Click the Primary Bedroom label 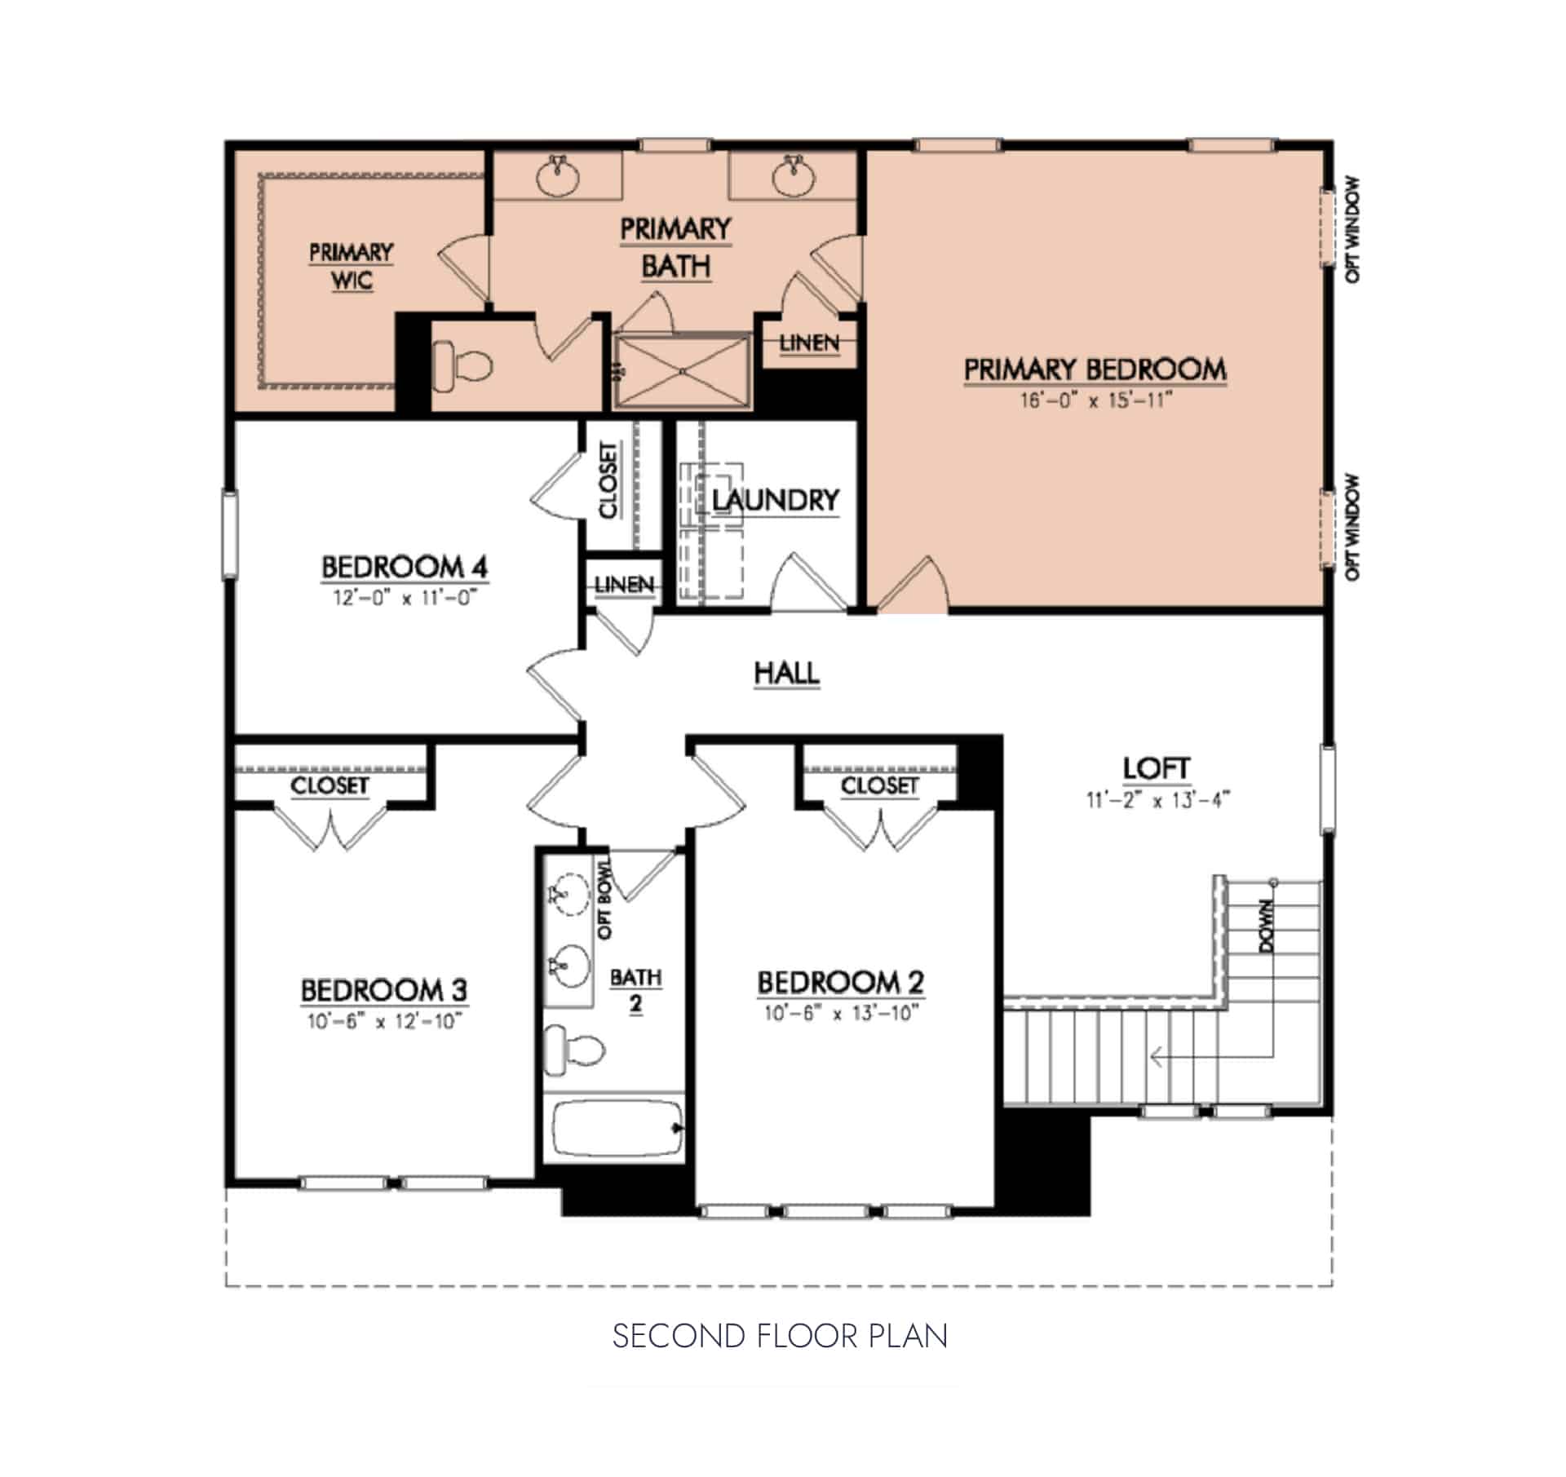pyautogui.click(x=1095, y=369)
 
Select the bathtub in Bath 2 pyautogui.click(x=617, y=1129)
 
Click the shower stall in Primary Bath pyautogui.click(x=682, y=370)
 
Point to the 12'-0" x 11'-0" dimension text pyautogui.click(x=404, y=598)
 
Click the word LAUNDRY pyautogui.click(x=775, y=500)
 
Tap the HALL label pyautogui.click(x=786, y=674)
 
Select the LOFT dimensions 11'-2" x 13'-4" pyautogui.click(x=1157, y=800)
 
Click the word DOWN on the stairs pyautogui.click(x=1266, y=926)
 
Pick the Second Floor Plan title pyautogui.click(x=780, y=1337)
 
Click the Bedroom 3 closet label pyautogui.click(x=330, y=785)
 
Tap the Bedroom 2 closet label pyautogui.click(x=879, y=785)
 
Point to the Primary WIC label pyautogui.click(x=352, y=266)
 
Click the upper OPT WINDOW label pyautogui.click(x=1352, y=230)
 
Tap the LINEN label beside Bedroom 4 pyautogui.click(x=624, y=585)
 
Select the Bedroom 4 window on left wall pyautogui.click(x=230, y=534)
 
